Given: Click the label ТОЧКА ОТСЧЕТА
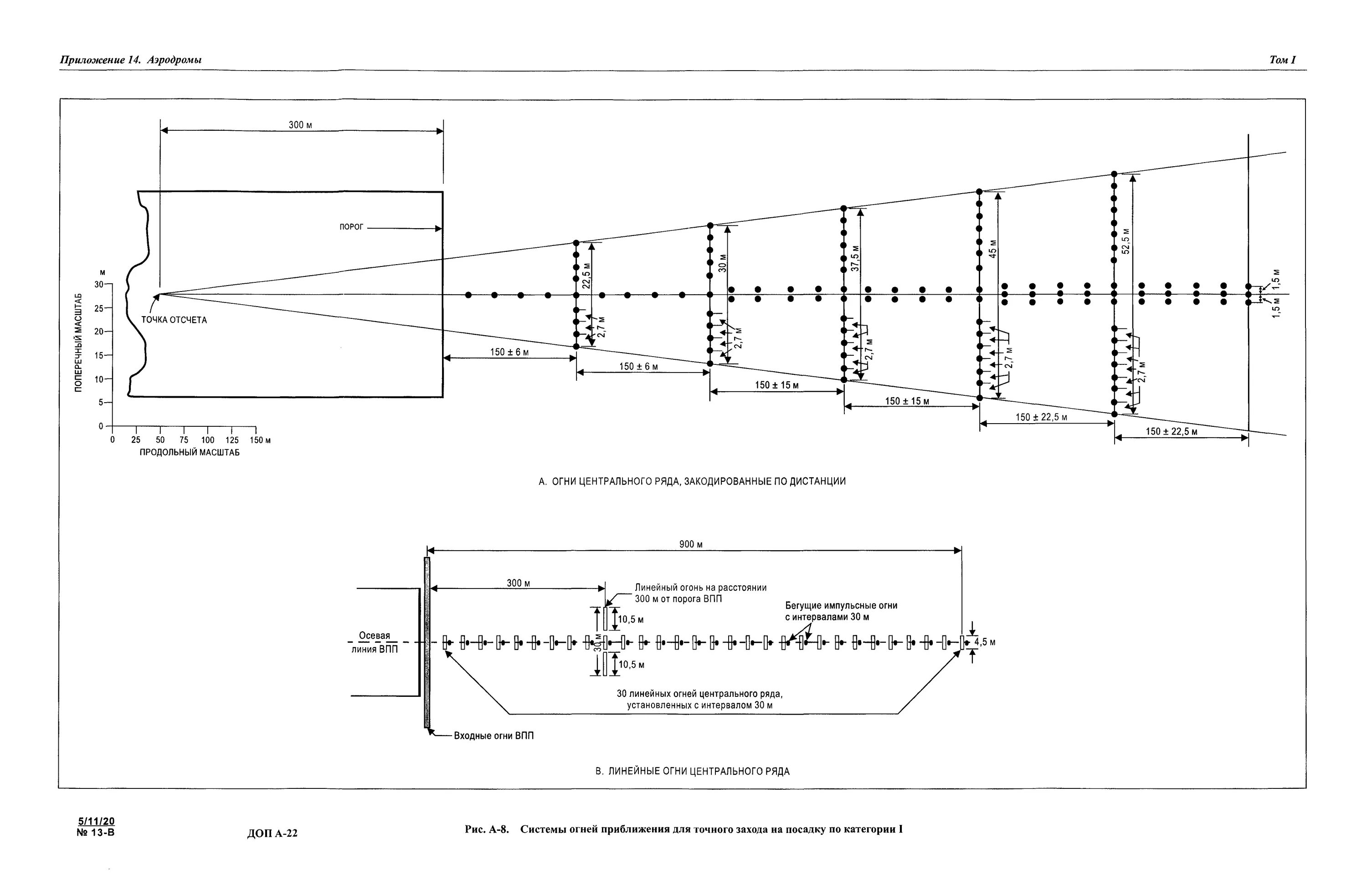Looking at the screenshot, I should click(x=174, y=320).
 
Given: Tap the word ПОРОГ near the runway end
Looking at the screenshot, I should click(x=351, y=227).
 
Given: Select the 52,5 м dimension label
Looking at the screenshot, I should click(x=1126, y=240).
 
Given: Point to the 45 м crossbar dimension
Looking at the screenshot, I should click(x=993, y=249).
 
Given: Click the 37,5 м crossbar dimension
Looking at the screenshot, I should click(x=856, y=258).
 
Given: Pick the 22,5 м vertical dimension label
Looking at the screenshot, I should click(x=586, y=277).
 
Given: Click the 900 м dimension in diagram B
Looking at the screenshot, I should click(x=691, y=544).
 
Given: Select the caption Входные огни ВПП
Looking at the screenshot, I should click(x=493, y=736).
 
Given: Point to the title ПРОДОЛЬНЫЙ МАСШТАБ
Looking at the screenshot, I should click(x=190, y=452).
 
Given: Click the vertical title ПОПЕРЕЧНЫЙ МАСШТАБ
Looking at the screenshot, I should click(x=79, y=343).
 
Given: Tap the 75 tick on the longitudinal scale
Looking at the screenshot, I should click(x=183, y=440).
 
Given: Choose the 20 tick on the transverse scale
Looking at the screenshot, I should click(x=99, y=332).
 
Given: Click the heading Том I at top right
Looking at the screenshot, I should click(x=1282, y=60).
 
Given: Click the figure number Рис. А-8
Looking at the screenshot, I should click(x=487, y=829).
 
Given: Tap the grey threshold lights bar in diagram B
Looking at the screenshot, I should click(x=427, y=643).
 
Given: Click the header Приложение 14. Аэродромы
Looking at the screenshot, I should click(x=130, y=60).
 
